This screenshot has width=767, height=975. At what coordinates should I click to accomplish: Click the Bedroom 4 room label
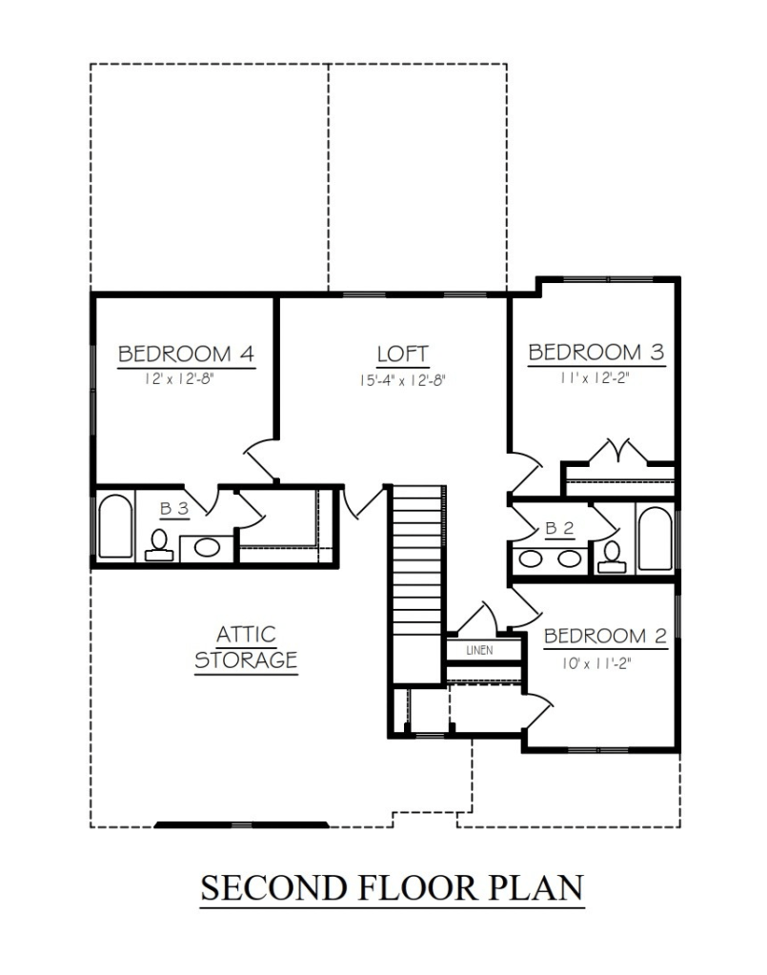(x=187, y=354)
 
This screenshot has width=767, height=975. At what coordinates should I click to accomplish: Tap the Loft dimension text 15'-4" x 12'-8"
(x=403, y=380)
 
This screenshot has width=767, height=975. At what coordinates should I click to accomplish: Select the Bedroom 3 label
(x=596, y=352)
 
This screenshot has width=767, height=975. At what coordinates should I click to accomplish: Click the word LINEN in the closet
(x=479, y=650)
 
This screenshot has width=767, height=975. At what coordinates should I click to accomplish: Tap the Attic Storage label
(x=246, y=647)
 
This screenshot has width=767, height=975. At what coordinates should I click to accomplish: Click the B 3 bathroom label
(x=174, y=509)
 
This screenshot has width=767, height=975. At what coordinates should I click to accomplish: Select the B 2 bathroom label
(x=559, y=528)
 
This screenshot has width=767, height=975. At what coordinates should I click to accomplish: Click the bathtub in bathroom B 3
(x=115, y=525)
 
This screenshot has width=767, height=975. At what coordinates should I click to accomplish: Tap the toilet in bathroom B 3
(x=159, y=545)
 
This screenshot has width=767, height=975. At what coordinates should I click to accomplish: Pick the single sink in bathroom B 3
(x=207, y=548)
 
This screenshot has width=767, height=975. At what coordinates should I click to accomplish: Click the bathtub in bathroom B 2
(x=656, y=538)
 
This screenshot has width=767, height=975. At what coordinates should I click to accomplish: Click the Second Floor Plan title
(x=393, y=887)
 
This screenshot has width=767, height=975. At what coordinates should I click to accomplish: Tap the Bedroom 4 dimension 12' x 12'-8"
(x=180, y=378)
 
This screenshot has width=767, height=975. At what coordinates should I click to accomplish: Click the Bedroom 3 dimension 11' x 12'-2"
(x=595, y=376)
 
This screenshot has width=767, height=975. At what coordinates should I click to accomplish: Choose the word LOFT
(x=403, y=355)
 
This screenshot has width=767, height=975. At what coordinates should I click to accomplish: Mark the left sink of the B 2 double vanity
(x=531, y=559)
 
